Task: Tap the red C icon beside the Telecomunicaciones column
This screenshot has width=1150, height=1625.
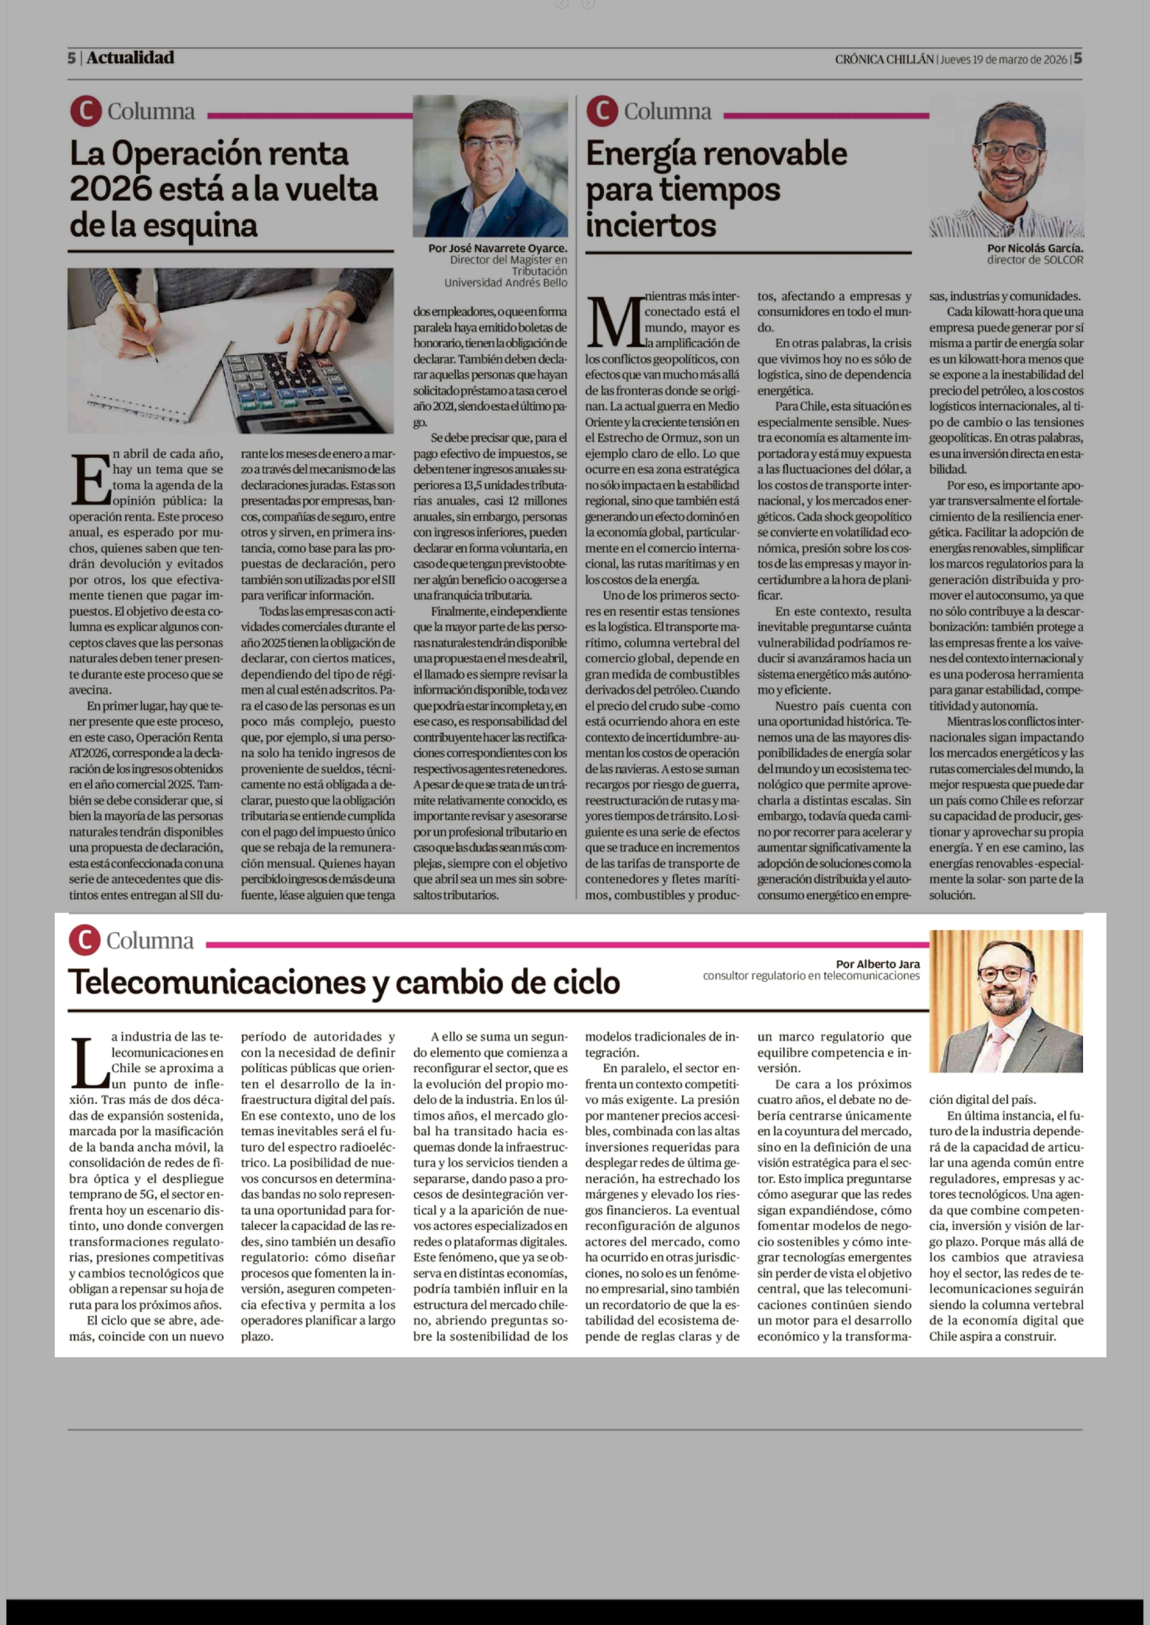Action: (84, 940)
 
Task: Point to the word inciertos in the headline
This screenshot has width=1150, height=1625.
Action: (651, 225)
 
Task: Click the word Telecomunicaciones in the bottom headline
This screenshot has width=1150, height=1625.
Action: (227, 982)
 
